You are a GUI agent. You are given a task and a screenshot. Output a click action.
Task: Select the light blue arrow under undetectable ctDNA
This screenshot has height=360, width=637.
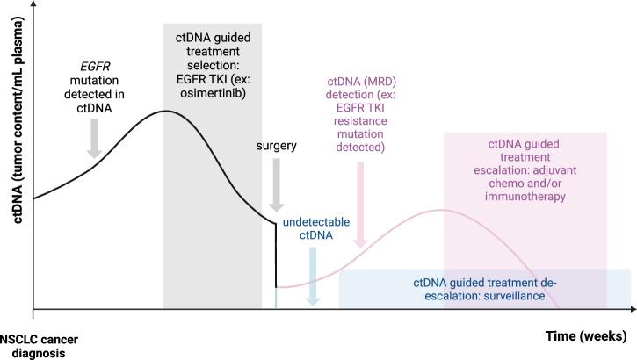click(313, 275)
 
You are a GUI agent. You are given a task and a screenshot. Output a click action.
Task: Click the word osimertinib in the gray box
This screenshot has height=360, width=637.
click(213, 94)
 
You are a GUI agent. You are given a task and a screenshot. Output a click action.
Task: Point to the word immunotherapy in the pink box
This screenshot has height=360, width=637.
click(525, 198)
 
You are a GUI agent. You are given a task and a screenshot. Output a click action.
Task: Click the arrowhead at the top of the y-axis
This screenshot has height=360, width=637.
click(33, 5)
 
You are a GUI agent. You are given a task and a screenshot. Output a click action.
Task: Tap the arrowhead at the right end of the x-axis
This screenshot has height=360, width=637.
click(633, 309)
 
